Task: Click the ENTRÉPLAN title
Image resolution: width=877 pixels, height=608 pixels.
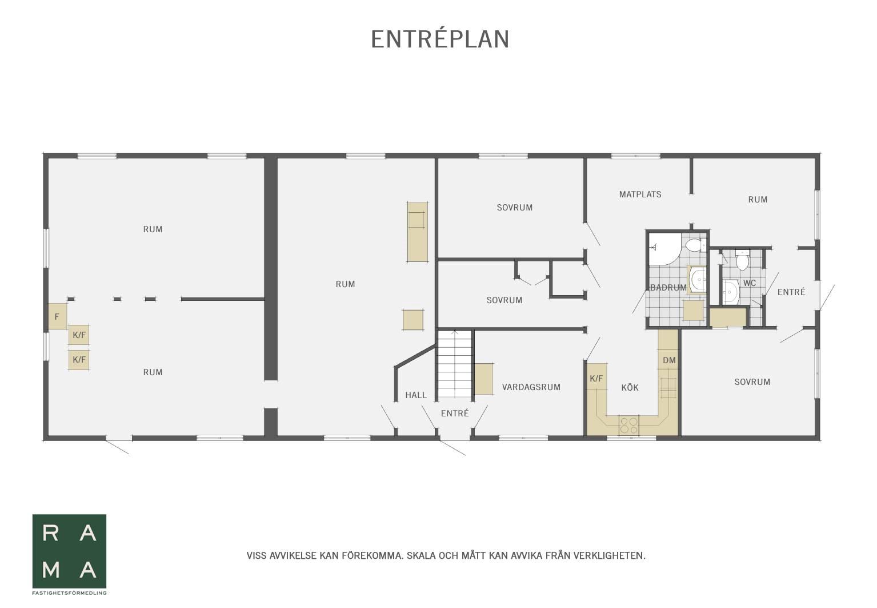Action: point(440,39)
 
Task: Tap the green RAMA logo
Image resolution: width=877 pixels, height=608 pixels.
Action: point(69,551)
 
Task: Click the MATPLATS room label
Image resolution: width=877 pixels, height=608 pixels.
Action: point(640,194)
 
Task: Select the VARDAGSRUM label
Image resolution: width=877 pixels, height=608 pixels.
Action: point(531,387)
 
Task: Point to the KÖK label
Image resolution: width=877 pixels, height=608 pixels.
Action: point(630,388)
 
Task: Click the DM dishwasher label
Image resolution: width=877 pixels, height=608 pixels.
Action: point(669,360)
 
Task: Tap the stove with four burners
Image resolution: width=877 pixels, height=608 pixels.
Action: point(629,425)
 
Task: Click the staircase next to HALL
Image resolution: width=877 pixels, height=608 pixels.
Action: point(455,364)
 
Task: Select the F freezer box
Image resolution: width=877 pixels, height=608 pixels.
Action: point(57,316)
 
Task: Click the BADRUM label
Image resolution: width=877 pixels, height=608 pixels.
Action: point(668,288)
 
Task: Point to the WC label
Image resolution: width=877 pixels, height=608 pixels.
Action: point(750,283)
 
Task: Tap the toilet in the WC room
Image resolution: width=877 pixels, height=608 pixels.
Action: point(742,260)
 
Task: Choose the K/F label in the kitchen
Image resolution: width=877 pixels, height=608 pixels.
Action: point(596,379)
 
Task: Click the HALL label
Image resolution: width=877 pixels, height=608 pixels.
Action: point(416,395)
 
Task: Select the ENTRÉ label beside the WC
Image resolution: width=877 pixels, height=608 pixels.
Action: point(791,292)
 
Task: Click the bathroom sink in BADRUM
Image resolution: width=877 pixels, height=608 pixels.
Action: point(697,280)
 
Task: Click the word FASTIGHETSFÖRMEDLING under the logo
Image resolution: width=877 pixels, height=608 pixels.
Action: point(69,593)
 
